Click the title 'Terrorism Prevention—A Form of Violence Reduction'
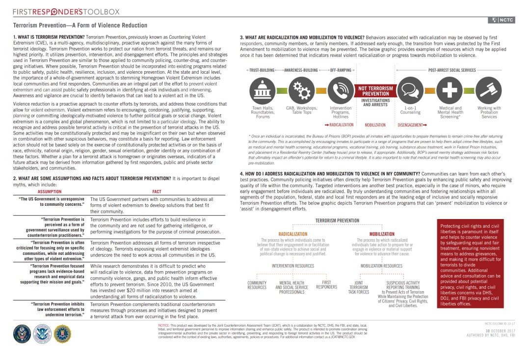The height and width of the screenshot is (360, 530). click(80, 25)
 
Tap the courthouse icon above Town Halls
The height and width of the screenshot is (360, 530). click(263, 91)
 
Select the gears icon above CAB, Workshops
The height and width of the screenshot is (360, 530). click(301, 91)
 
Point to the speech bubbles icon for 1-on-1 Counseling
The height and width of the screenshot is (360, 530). click(410, 91)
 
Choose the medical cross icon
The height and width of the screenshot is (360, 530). click(450, 91)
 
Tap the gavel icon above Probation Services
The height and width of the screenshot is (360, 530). click(489, 91)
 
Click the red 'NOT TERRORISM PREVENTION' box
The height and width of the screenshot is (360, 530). click(375, 90)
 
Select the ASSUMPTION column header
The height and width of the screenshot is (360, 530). click(50, 191)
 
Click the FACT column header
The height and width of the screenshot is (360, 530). click(157, 191)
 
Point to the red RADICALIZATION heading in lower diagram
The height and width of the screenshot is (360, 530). click(292, 234)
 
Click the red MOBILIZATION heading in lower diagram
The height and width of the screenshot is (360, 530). click(382, 234)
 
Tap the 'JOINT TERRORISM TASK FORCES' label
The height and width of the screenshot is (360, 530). click(358, 287)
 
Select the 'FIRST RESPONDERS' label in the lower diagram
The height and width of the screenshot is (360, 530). click(326, 284)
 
